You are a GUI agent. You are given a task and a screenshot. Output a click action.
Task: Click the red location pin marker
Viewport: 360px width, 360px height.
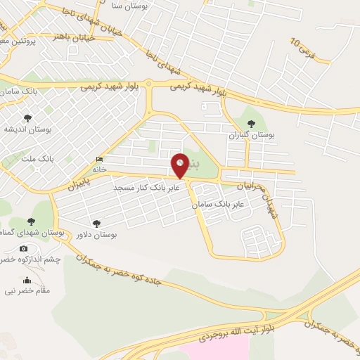[181, 165]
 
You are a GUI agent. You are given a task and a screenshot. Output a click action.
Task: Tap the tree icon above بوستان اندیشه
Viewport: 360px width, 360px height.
[27, 118]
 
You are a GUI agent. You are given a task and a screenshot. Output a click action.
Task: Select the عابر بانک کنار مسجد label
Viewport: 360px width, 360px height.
[148, 188]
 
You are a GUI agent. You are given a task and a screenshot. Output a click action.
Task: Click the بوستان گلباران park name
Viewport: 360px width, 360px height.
[252, 134]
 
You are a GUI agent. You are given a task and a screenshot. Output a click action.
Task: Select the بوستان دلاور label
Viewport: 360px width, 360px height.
[96, 233]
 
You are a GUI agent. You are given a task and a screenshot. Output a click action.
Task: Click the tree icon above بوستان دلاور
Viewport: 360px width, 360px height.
[96, 223]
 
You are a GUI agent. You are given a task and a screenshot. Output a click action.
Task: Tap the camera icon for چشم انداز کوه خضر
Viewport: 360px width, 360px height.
[24, 249]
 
